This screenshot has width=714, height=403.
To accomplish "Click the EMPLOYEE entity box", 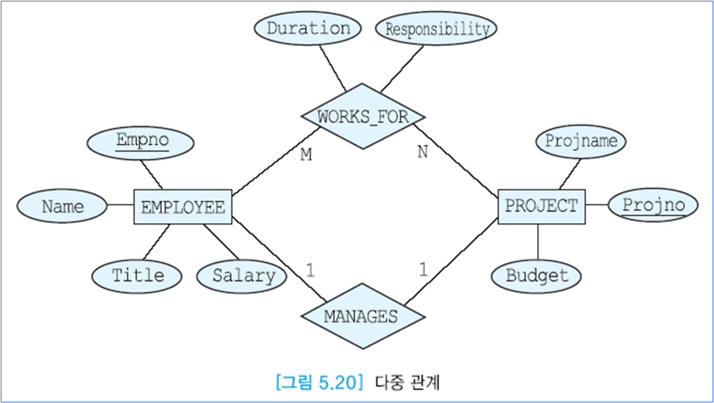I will pos(183,207).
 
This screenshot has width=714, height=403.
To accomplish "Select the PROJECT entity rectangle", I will pos(541,206).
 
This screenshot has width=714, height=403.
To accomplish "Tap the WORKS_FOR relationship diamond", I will pos(363,116).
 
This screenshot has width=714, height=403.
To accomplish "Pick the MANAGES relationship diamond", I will pos(361,316).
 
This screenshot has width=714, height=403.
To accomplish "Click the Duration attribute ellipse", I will pos(308,29).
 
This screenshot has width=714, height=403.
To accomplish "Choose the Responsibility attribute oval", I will pos(436,30).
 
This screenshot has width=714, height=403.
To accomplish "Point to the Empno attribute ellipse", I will pos(141,142).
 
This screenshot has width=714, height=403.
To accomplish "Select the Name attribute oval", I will pos(62,207).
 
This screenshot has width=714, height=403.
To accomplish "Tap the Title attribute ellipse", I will pos(137,275).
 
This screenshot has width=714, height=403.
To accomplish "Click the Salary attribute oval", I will pos(244,275).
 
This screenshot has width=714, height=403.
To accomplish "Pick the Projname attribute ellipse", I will pos(581,141).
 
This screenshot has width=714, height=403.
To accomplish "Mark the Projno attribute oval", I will pos(653,205).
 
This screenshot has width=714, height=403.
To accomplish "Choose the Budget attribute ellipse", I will pos(536,275).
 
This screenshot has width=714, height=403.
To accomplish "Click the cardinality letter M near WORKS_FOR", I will pos(306,155).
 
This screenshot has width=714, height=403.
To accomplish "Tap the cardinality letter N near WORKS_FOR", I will pos(423,152).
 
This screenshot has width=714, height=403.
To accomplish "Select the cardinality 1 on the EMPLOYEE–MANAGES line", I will pos(310,271).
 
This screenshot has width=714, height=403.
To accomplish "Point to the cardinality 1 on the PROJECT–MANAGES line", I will pos(423,271).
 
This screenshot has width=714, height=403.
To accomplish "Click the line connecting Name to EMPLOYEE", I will pos(120,207).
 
